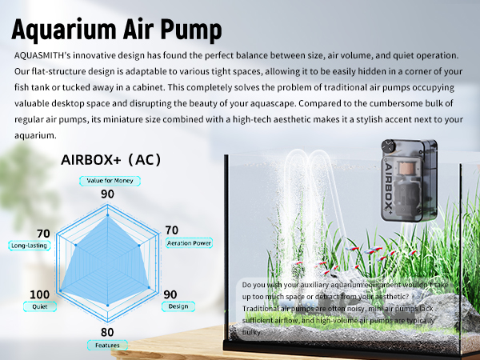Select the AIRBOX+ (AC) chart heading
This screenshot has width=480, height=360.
click(x=111, y=160)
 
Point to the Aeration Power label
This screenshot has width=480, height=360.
click(x=189, y=242)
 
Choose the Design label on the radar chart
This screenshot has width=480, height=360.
click(x=178, y=305)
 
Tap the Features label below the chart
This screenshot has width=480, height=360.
click(x=107, y=346)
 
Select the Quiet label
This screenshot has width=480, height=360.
click(x=39, y=306)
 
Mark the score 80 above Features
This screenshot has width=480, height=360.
click(x=107, y=332)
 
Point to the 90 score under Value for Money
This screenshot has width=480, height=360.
click(x=107, y=194)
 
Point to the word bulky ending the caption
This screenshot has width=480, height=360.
click(x=252, y=331)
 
